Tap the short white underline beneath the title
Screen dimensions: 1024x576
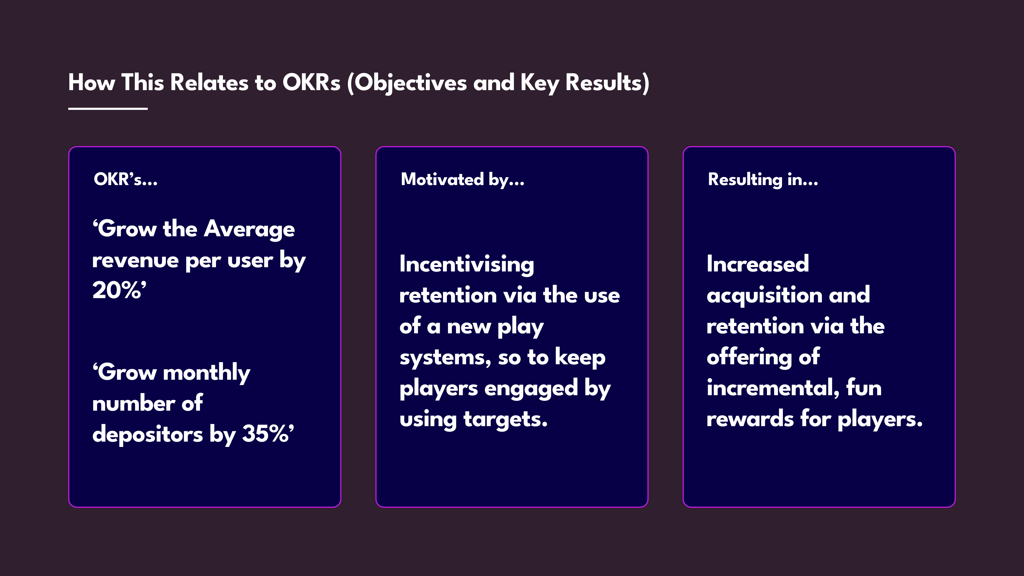108,108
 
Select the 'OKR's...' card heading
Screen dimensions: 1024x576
126,179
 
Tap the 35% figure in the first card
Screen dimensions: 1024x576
268,433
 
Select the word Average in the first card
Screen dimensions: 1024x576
249,229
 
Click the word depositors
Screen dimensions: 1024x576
147,434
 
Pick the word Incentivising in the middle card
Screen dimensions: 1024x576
467,264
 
